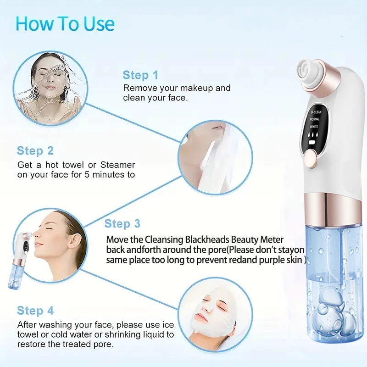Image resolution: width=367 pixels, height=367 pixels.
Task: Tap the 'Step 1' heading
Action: tap(140, 75)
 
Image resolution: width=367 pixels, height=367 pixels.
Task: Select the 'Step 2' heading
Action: tap(35, 150)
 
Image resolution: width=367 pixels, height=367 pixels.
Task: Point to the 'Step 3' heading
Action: tap(122, 223)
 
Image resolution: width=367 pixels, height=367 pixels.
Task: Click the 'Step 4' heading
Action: tap(35, 311)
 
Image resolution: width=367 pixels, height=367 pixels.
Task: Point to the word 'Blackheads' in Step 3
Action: tap(217, 240)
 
